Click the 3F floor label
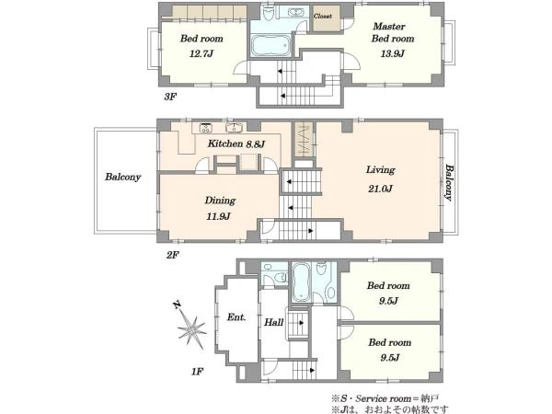click(170, 97)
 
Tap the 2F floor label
click(173, 255)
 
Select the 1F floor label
click(198, 372)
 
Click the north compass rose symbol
click(190, 326)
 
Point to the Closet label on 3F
click(323, 17)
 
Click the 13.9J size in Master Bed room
click(392, 53)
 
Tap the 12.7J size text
click(201, 53)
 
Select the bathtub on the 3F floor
click(270, 45)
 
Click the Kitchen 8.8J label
click(236, 144)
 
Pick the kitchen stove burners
click(205, 128)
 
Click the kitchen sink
click(233, 128)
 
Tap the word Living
click(380, 170)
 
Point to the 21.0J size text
click(380, 189)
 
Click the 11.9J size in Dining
click(218, 216)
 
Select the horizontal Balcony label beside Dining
click(123, 177)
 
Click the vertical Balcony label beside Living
click(449, 182)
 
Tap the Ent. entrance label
click(236, 317)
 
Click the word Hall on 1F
click(274, 322)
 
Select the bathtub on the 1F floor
click(301, 282)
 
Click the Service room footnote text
click(385, 399)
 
